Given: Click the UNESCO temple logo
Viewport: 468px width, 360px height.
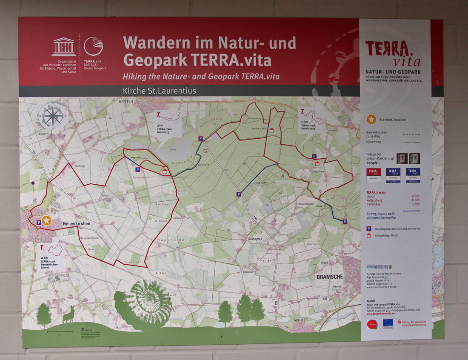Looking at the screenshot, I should [64, 47].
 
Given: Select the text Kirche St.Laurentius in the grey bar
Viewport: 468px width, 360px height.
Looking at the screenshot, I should [159, 91].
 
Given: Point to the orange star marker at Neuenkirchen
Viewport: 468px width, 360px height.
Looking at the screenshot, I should [46, 220].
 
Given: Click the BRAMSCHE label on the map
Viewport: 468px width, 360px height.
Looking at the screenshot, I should [329, 277].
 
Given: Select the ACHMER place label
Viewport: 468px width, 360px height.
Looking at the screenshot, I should [300, 320].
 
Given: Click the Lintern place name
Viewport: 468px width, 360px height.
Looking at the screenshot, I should [43, 134].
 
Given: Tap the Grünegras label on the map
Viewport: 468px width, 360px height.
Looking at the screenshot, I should [255, 239].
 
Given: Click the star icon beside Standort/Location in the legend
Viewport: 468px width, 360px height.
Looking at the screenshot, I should [371, 119].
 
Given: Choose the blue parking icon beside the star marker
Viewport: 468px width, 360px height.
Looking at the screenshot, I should [39, 222].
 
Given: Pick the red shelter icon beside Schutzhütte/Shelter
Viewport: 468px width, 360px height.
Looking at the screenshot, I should [368, 235].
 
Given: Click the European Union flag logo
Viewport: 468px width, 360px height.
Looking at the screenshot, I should [387, 323].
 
